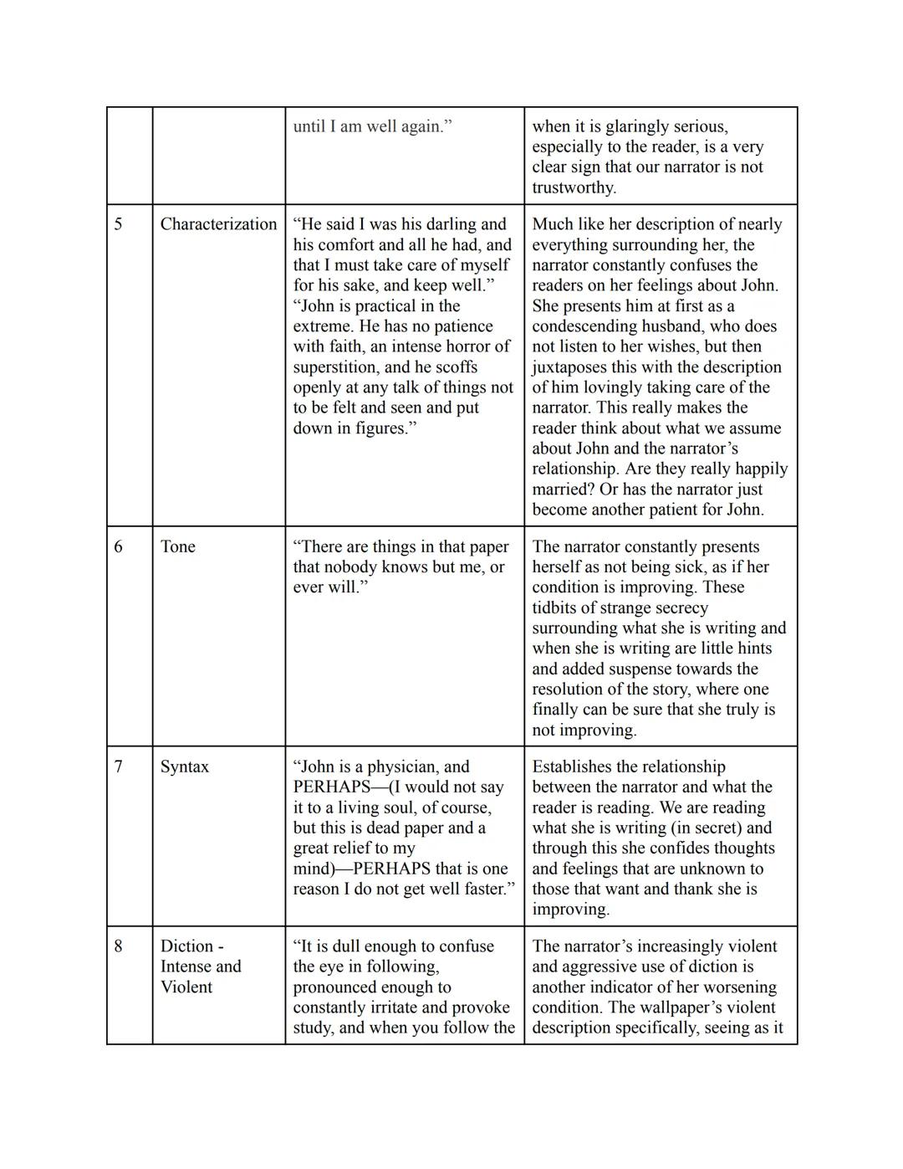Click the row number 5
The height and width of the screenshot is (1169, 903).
[x=118, y=224]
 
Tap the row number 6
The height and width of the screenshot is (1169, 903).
[x=118, y=546]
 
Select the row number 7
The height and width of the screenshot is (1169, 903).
[x=118, y=767]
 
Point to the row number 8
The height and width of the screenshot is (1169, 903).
[x=118, y=946]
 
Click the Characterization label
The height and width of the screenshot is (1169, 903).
[x=218, y=224]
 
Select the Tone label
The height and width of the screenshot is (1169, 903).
[x=177, y=546]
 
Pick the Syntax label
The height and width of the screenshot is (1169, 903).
[x=184, y=767]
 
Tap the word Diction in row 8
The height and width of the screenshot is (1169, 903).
[x=187, y=946]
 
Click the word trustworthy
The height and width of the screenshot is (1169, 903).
[x=573, y=187]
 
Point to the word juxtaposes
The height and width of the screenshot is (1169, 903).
[x=573, y=367]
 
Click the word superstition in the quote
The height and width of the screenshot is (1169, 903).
[x=338, y=367]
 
